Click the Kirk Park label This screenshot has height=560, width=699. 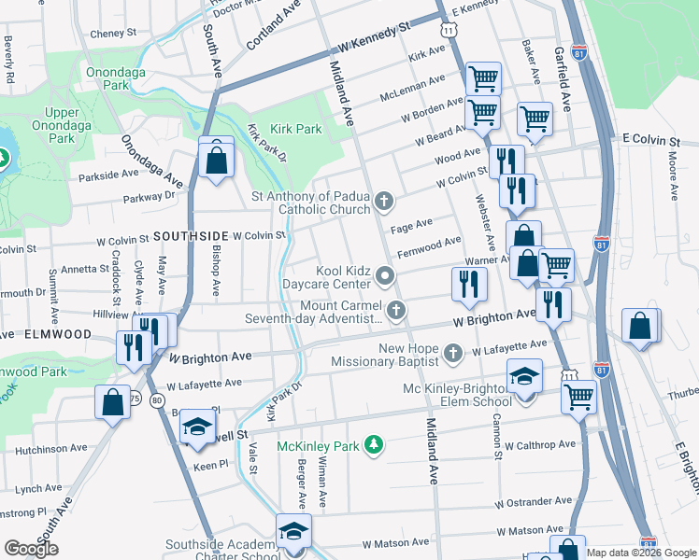[x=295, y=129]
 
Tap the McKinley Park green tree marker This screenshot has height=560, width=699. [x=374, y=444]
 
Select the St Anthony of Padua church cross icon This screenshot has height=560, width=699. [x=383, y=202]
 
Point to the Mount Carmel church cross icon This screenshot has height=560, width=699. [x=396, y=310]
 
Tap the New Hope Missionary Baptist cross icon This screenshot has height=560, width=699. [x=453, y=353]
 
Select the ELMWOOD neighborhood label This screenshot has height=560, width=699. [x=58, y=333]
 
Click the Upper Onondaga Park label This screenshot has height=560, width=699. [x=62, y=125]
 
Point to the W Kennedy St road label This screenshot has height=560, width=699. [x=376, y=38]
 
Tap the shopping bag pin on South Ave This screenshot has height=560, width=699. [x=216, y=159]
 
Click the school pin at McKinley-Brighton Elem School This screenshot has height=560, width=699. [x=525, y=378]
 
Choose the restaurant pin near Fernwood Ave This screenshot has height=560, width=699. [x=468, y=283]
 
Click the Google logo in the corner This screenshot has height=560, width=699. [x=31, y=549]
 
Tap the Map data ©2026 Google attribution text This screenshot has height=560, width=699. [x=641, y=553]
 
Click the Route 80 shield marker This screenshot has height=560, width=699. [x=156, y=400]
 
